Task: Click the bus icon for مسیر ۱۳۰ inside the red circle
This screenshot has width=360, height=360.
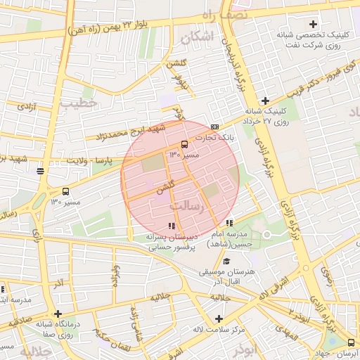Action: click(184, 144)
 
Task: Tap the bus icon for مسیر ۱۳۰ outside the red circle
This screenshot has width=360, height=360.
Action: click(66, 191)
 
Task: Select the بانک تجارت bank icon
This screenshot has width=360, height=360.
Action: click(214, 127)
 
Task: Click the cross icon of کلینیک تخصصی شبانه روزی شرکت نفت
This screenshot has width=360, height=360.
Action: click(313, 25)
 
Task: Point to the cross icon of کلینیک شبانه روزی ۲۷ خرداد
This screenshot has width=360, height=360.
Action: click(265, 101)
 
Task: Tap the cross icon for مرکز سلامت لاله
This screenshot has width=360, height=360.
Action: click(219, 318)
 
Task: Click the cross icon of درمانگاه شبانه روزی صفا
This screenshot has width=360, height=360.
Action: click(58, 314)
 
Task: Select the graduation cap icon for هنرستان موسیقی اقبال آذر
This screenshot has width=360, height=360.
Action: click(226, 261)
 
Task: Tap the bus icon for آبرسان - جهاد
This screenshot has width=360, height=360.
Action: click(351, 342)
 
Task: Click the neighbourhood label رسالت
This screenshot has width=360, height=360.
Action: click(187, 207)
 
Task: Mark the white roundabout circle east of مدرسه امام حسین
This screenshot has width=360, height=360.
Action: click(266, 236)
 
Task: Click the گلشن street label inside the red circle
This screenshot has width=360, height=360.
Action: click(165, 189)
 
